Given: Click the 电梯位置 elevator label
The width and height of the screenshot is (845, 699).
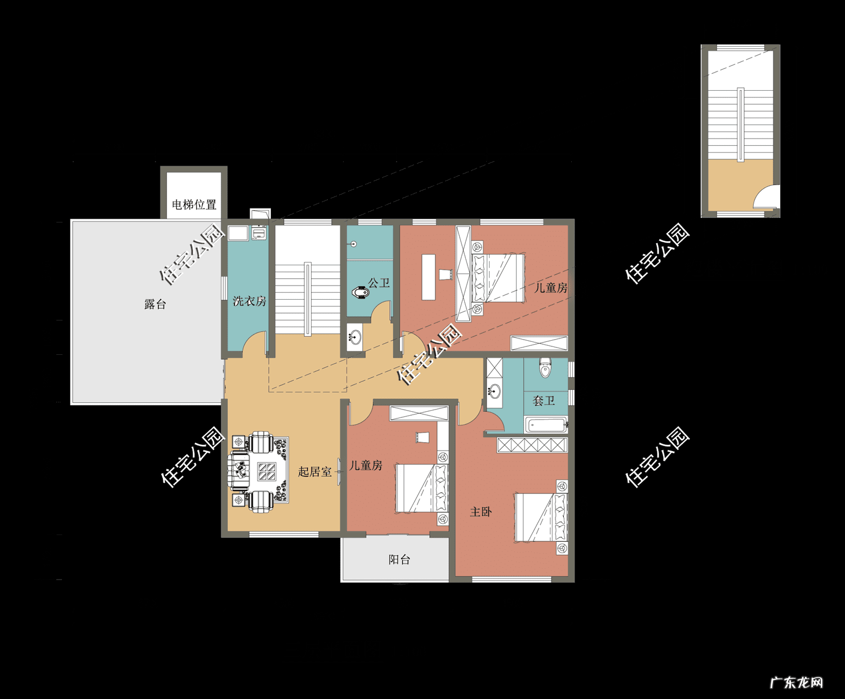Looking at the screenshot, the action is (194, 204).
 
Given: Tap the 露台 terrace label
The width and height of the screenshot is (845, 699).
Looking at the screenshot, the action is (155, 304).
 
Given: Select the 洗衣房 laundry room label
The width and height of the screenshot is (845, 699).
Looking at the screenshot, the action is (250, 301).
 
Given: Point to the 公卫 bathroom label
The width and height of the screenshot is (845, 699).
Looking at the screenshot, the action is (379, 283).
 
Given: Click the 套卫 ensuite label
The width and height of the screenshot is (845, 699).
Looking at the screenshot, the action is (544, 400).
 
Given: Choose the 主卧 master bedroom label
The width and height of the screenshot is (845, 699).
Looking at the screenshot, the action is (481, 511).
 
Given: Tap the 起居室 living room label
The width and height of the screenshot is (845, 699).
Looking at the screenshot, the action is (315, 471).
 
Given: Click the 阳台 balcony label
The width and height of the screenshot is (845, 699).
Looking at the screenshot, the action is (399, 559).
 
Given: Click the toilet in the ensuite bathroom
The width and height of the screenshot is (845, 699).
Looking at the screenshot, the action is (545, 367).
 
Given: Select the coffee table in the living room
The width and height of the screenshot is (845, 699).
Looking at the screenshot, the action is (267, 471).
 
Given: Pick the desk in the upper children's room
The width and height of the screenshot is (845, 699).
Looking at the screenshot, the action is (429, 277).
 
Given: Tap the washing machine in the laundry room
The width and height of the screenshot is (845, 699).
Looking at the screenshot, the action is (259, 233).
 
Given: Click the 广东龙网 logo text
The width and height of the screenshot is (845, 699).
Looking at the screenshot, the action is (797, 683).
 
